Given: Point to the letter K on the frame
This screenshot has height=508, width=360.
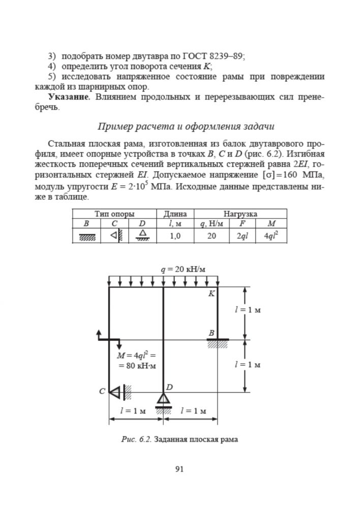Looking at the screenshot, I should (212, 293).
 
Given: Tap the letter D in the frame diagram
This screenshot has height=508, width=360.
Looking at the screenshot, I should (170, 387).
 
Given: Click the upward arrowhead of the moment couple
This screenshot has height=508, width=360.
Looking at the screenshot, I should (99, 333).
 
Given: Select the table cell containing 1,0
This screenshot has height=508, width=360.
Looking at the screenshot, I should (175, 235).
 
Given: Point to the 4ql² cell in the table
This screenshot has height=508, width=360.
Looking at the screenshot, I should (275, 235).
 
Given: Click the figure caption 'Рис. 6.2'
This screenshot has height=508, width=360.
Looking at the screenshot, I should (134, 439).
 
